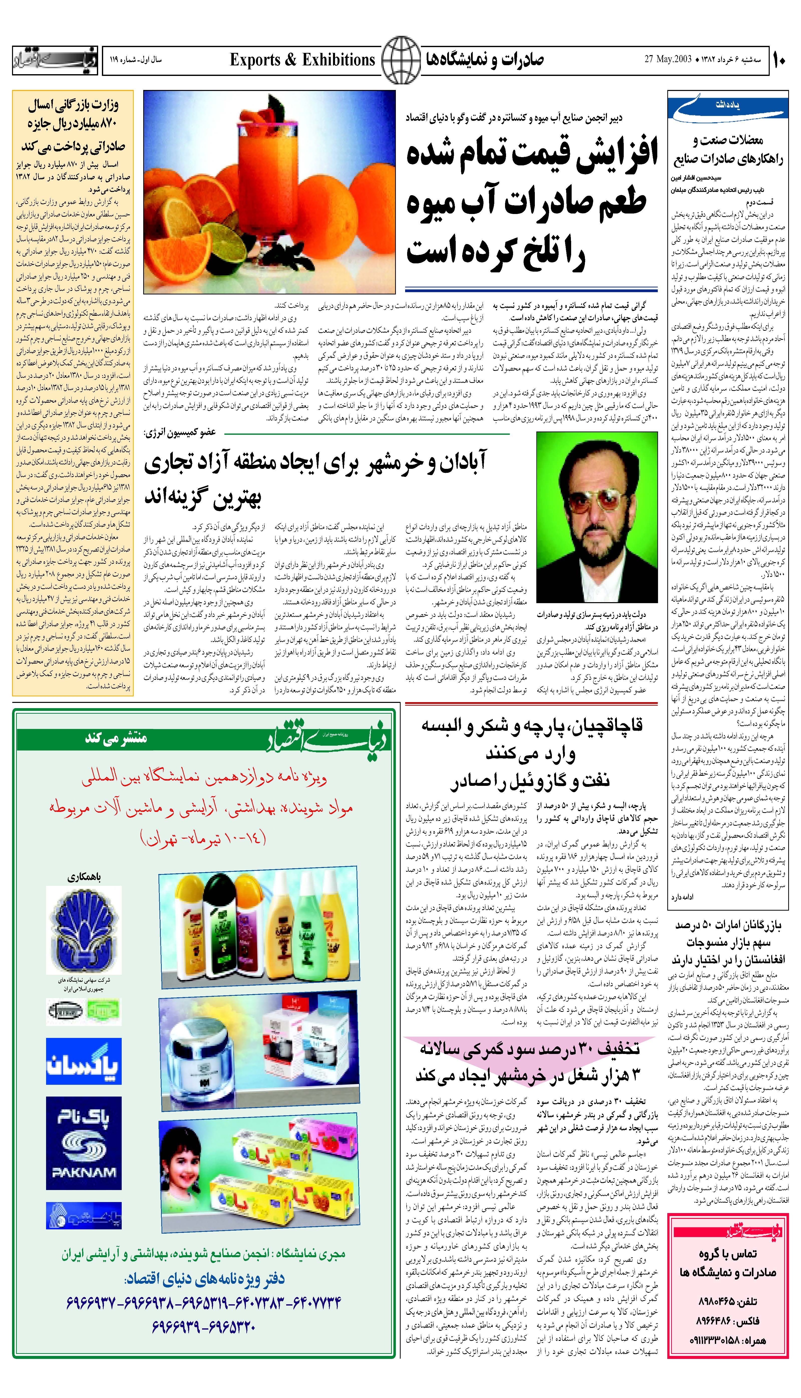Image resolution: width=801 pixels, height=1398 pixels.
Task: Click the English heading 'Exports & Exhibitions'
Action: click(302, 59)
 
